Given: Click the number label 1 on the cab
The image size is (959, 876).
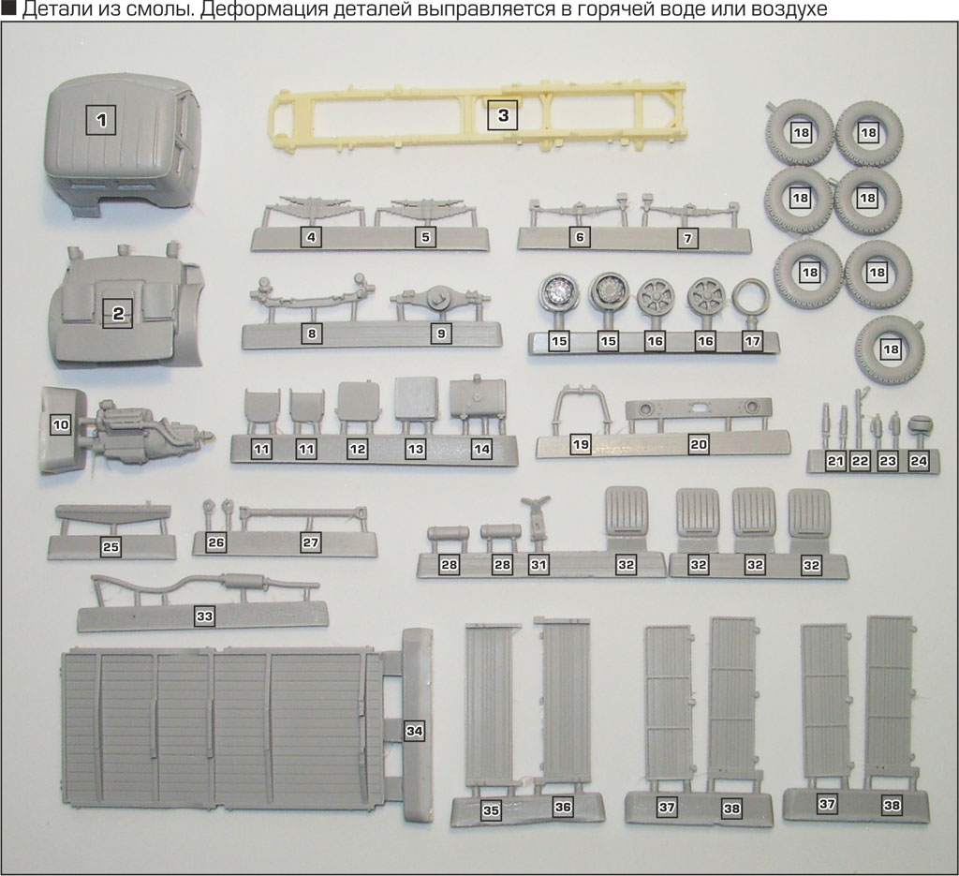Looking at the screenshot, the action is pyautogui.click(x=101, y=120).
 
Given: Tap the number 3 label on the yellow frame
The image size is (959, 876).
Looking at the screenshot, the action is pyautogui.click(x=503, y=116).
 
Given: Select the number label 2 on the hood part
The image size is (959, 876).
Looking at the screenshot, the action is pyautogui.click(x=118, y=315).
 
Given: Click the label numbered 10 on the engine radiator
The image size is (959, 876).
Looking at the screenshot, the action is pyautogui.click(x=61, y=425).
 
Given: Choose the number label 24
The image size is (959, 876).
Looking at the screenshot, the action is pyautogui.click(x=918, y=461).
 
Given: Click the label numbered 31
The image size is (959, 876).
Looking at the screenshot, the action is pyautogui.click(x=538, y=566).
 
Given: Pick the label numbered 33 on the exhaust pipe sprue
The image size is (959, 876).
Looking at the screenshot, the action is pyautogui.click(x=204, y=616).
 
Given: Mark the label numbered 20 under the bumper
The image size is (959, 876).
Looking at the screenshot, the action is pyautogui.click(x=698, y=445).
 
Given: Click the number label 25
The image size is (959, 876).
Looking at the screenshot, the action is pyautogui.click(x=111, y=546).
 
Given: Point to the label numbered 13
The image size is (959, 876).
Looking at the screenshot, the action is pyautogui.click(x=416, y=450).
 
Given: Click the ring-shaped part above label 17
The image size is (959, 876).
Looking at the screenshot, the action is pyautogui.click(x=750, y=298).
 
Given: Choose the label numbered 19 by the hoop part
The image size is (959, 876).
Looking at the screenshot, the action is pyautogui.click(x=581, y=445).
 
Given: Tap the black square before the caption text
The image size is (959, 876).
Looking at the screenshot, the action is pyautogui.click(x=7, y=8).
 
